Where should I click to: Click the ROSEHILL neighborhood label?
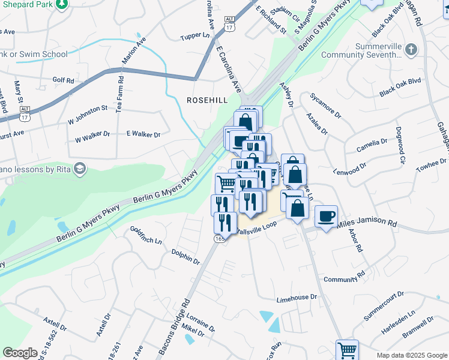pyautogui.click(x=207, y=100)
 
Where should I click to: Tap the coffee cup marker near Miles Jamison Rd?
pyautogui.click(x=326, y=216)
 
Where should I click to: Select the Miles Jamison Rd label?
pyautogui.click(x=367, y=223)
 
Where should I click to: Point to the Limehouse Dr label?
pyautogui.click(x=296, y=298)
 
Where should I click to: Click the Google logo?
pyautogui.click(x=20, y=353)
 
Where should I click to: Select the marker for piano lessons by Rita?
pyautogui.click(x=79, y=167)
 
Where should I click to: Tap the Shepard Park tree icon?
pyautogui.click(x=61, y=5)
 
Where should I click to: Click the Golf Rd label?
pyautogui.click(x=63, y=79)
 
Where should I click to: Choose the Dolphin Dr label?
pyautogui.click(x=185, y=257)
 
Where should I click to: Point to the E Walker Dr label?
pyautogui.click(x=143, y=134)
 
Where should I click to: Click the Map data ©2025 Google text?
pyautogui.click(x=412, y=355)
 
